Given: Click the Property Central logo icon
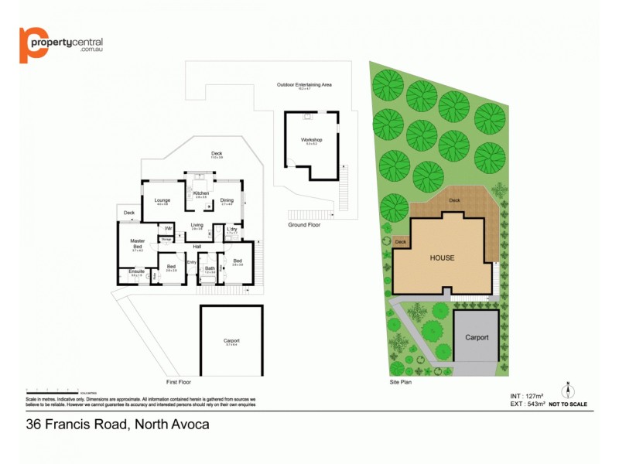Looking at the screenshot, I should [32, 44].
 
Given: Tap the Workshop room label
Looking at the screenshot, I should [311, 140].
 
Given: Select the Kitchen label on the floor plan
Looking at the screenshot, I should [201, 193].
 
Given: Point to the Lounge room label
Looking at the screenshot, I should [162, 200].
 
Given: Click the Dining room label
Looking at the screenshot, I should [227, 200].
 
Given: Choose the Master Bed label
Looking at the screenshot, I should [138, 244].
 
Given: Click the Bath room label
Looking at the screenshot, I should [210, 268].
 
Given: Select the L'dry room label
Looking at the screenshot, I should [231, 229].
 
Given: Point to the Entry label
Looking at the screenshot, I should [191, 262].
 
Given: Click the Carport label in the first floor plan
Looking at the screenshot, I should [231, 341].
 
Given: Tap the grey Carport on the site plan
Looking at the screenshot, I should [477, 338].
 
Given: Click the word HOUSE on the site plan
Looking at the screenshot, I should [442, 258].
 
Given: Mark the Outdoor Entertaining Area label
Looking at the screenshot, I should [304, 84].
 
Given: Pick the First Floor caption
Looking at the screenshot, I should [179, 382].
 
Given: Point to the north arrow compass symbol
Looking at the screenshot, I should [567, 389].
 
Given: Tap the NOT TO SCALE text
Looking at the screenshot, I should [567, 404].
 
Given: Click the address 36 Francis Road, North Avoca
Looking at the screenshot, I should [118, 424].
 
